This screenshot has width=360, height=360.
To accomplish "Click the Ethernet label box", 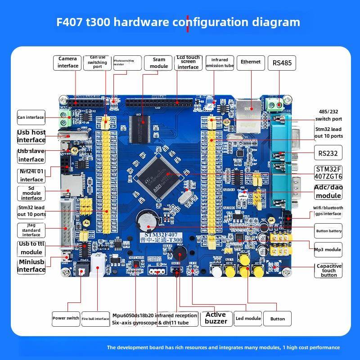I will [251, 62].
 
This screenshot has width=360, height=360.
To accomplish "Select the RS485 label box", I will [282, 63].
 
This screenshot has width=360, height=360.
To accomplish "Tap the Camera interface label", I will [67, 63].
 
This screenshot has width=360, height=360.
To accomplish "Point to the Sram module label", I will [159, 63].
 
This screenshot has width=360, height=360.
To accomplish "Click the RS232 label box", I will [328, 153].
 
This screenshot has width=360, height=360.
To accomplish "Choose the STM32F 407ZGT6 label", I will [328, 173].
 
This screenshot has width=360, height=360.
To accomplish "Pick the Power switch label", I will [66, 318].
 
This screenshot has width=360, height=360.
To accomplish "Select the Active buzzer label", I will [216, 318].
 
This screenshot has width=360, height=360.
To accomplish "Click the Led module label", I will [248, 318].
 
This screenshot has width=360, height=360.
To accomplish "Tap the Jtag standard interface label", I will [31, 230].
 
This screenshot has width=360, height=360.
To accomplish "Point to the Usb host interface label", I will [31, 136].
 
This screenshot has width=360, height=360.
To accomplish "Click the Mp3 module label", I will [328, 249].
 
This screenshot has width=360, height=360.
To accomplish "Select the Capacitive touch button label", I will [328, 270].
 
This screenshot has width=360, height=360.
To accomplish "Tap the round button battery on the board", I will [147, 220].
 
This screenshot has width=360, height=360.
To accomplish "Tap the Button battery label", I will [328, 231].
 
